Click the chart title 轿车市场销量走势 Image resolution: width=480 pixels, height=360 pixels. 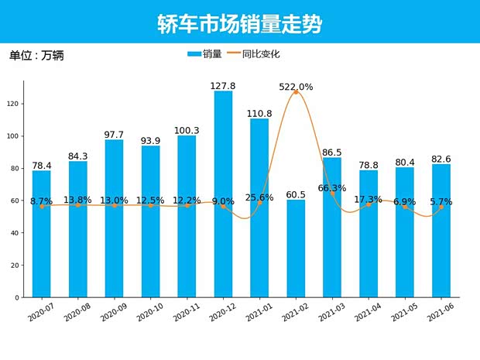[x=239, y=23]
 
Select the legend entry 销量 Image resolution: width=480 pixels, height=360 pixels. [x=204, y=54]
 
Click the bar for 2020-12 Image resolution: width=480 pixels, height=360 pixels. [x=223, y=194]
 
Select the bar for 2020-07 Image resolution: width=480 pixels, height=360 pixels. [x=42, y=232]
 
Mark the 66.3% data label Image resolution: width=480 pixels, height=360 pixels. [x=331, y=188]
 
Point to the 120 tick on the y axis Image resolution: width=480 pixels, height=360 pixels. [x=16, y=104]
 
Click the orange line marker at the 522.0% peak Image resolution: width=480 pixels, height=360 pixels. [x=296, y=92]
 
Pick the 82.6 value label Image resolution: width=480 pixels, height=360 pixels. [x=441, y=159]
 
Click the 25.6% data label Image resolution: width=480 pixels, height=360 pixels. [x=259, y=197]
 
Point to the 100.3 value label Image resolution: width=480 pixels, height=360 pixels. [x=187, y=130]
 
